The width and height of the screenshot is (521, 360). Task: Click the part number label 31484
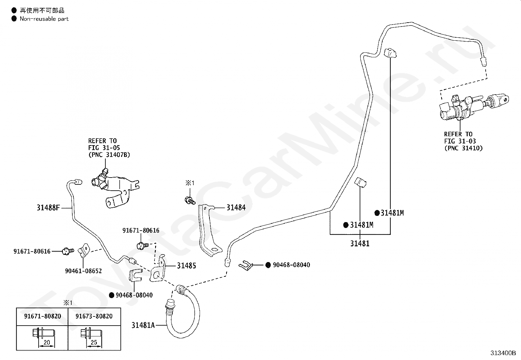point(236,207)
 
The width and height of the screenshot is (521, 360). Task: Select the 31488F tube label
point(48,207)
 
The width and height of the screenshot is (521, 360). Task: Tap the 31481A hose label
point(143,325)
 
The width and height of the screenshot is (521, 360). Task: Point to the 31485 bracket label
point(187,265)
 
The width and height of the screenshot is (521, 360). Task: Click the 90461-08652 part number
point(83,271)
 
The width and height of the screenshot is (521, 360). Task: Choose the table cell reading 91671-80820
point(43,316)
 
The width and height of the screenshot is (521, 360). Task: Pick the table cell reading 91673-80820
point(94,316)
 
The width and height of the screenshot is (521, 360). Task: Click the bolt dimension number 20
point(47,342)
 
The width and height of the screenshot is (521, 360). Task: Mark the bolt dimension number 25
point(94,342)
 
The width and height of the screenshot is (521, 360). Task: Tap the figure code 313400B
point(503,353)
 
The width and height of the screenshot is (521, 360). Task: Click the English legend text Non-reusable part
point(44,19)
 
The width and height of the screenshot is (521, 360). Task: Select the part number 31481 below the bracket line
point(360,243)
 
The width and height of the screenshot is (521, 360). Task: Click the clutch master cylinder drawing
point(474,107)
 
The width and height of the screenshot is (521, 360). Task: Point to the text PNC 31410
point(463,148)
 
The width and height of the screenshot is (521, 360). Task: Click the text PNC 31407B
point(109,155)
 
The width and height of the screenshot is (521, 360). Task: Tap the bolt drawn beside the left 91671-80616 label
point(68,251)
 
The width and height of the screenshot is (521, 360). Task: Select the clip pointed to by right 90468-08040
point(246,265)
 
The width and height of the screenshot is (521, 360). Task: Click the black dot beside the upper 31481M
point(377,213)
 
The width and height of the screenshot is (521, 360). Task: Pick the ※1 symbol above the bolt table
point(68,302)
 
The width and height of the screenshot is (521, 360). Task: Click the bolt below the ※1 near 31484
point(190,200)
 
